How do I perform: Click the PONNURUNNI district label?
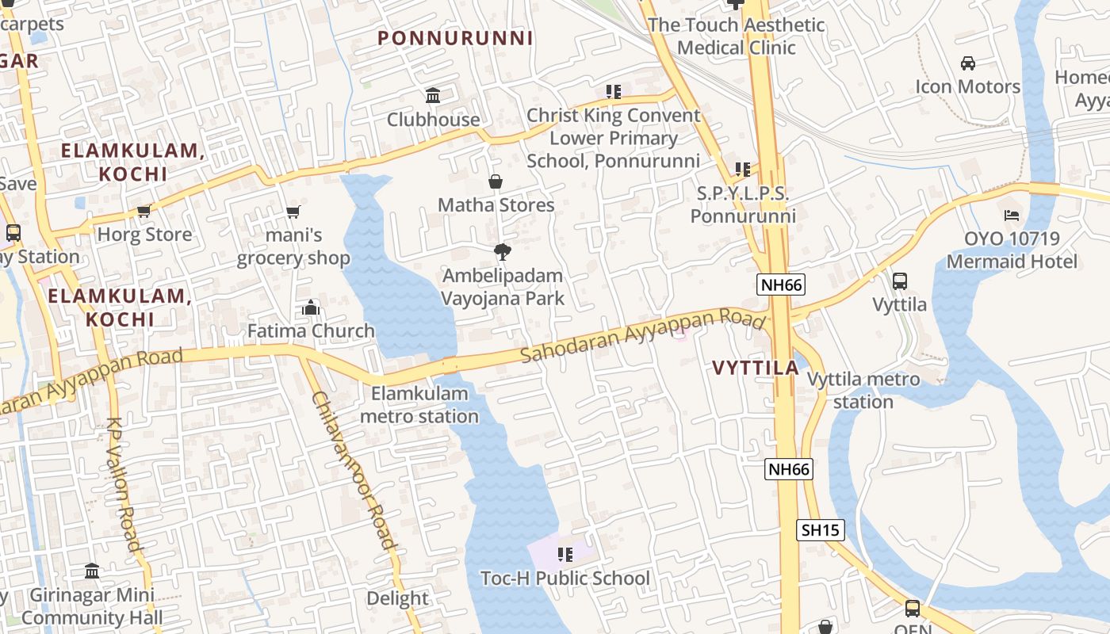[x=455, y=38]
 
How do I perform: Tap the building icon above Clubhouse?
[x=433, y=96]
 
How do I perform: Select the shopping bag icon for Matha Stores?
[x=496, y=181]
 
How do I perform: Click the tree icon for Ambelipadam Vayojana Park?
[x=502, y=253]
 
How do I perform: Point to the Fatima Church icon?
[x=311, y=307]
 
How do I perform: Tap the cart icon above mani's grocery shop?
[x=293, y=212]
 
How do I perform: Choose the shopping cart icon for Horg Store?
[x=144, y=211]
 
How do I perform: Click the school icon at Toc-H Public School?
[x=565, y=555]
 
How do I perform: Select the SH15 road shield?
[x=821, y=530]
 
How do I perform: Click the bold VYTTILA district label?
[x=755, y=369]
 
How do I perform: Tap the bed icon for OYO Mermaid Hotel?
[x=1011, y=215]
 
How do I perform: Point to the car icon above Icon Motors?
[x=967, y=63]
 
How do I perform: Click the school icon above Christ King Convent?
[x=613, y=92]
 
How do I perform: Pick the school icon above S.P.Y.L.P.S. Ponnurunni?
[x=742, y=169]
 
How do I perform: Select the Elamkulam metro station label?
[x=419, y=405]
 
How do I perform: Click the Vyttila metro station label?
[x=863, y=391]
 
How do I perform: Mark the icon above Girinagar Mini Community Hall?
[x=92, y=571]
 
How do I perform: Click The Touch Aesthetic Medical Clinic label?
[x=736, y=36]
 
